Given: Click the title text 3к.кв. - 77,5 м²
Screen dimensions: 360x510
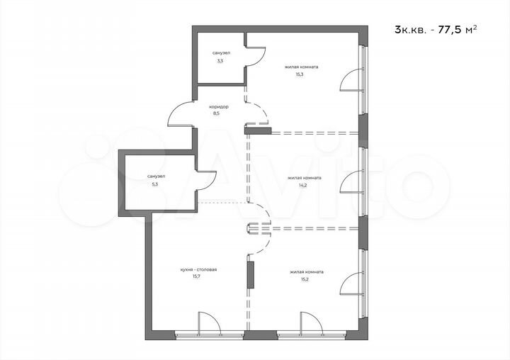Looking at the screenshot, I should (x=434, y=29).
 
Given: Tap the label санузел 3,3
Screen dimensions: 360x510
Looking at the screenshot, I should (x=220, y=57).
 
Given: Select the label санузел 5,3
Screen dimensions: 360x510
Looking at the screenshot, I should (x=156, y=179).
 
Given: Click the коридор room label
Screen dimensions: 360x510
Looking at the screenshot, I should (x=219, y=106).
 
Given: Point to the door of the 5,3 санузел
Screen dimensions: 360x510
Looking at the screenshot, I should (x=205, y=183).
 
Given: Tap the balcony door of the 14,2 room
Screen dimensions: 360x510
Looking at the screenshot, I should (x=351, y=182).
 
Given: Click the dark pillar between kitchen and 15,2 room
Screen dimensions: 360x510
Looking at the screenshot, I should (x=250, y=274).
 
